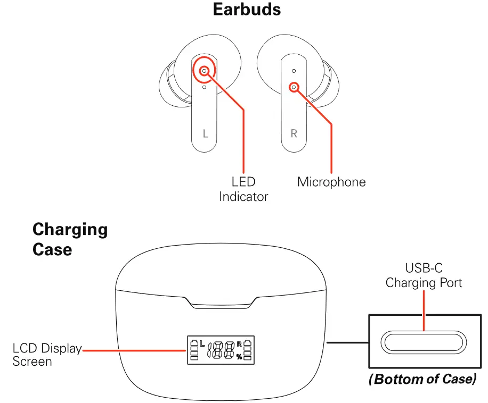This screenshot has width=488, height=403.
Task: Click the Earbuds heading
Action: coord(247,9)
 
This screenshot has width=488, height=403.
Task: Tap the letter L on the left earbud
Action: coord(206,133)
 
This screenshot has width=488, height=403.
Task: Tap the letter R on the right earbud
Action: coord(294,133)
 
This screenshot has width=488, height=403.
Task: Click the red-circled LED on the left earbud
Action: coord(204,71)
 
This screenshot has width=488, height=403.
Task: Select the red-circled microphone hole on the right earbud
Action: coord(293,87)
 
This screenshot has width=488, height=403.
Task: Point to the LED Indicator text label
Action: coord(243,190)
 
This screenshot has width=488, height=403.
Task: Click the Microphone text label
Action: coord(331,182)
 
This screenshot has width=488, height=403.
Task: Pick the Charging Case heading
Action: coord(70,239)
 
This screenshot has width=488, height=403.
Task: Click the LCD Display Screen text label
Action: coord(47,355)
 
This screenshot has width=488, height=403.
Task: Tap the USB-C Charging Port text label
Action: coord(424,276)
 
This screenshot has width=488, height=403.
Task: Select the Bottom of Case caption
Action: coord(422,380)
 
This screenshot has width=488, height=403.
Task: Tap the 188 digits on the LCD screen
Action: coord(222,350)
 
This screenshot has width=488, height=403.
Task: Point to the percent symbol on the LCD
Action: coord(239,357)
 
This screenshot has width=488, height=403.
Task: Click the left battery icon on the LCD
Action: coord(194,350)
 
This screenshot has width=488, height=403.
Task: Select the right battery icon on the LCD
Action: coord(248,350)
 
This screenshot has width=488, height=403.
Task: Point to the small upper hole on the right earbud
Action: coord(294,71)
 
